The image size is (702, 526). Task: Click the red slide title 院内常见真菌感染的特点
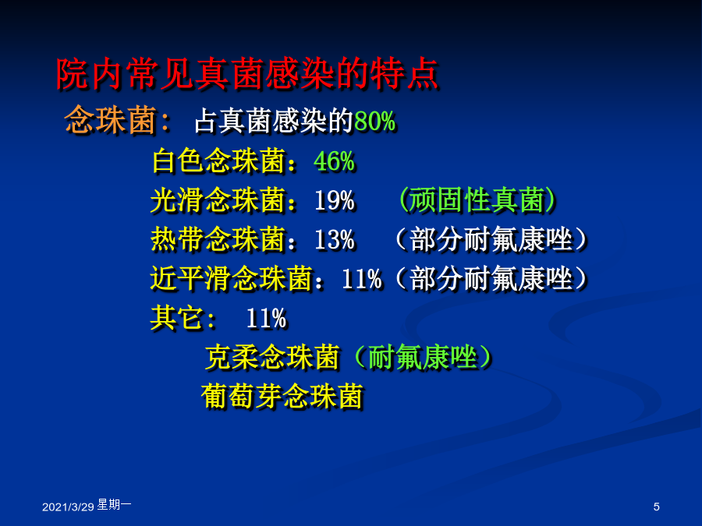point(247,74)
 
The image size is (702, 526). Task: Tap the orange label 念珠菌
point(110,120)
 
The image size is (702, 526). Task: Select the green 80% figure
point(375,122)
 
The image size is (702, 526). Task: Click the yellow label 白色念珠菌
point(218,161)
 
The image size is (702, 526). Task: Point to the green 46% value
point(334,161)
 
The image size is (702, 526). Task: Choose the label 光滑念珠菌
point(218,200)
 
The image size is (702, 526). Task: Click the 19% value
point(334,201)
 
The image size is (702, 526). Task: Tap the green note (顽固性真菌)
point(477,200)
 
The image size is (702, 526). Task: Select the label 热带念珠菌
point(218,239)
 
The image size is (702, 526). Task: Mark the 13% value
point(334,240)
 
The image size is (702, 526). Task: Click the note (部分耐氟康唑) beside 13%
point(491,240)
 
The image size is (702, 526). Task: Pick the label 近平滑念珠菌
point(231,279)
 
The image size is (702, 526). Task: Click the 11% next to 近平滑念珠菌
point(362,280)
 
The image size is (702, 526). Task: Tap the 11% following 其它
point(266,319)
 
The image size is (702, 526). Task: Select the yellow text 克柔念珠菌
point(271,358)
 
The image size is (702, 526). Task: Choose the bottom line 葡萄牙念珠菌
point(282,397)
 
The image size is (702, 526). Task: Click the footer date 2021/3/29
point(68,507)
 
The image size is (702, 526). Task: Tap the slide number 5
point(656,507)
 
